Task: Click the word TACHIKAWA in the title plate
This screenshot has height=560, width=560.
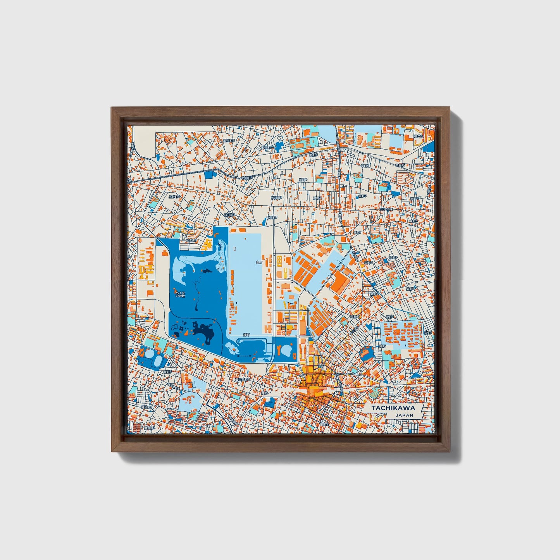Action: [x=393, y=408]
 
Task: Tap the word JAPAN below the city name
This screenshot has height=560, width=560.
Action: [x=404, y=415]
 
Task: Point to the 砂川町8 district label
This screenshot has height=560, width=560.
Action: [x=229, y=141]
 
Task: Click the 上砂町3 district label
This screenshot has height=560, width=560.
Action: [x=174, y=196]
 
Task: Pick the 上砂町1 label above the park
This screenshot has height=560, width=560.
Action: [x=193, y=240]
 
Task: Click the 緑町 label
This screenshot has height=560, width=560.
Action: [x=246, y=334]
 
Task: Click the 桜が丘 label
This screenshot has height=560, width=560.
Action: [x=418, y=136]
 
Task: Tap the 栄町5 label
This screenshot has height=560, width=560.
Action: [x=393, y=257]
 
